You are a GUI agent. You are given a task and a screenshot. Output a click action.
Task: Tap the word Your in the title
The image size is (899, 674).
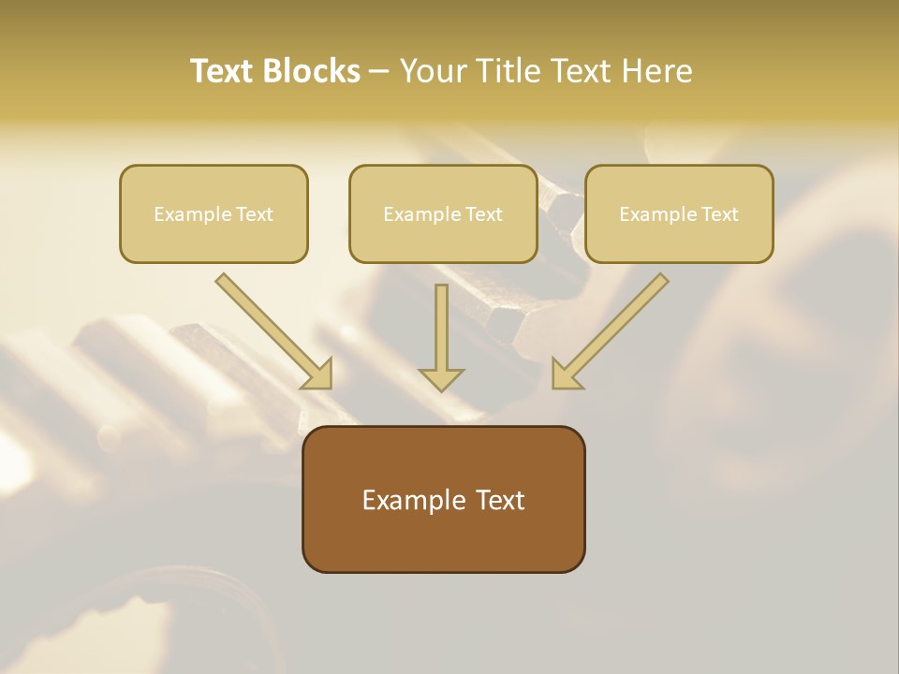pos(434,70)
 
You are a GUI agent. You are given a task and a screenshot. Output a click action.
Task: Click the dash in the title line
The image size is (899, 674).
pos(379,72)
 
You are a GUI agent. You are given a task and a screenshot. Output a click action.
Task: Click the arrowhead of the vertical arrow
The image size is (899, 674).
pos(441,379)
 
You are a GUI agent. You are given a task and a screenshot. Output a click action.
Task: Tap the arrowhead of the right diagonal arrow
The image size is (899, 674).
pos(565,374)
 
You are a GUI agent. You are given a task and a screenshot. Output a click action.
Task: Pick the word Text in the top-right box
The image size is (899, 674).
pos(720,214)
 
